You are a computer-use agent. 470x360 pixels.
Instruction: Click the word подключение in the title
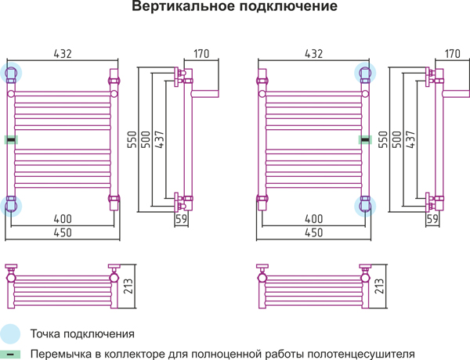[288, 6]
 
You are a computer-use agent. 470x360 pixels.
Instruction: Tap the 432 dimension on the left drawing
[63, 54]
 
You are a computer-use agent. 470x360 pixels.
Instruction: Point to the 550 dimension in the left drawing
[132, 139]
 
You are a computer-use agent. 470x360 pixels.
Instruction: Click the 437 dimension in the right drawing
[410, 139]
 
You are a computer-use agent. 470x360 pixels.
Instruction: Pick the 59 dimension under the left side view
[182, 219]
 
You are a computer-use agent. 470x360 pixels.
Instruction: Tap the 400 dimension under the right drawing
[314, 219]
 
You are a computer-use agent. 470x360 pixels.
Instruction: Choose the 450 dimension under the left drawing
[63, 232]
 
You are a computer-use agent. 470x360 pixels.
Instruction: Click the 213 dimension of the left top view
[128, 286]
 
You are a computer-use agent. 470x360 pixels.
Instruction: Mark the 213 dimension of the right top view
[379, 286]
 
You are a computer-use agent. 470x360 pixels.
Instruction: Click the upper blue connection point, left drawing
[11, 73]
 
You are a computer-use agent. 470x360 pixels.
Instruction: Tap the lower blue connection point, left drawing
[11, 206]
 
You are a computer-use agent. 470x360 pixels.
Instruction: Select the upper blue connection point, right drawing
[365, 73]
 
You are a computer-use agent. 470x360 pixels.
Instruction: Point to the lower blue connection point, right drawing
[365, 206]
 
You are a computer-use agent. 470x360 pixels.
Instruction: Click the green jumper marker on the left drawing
[11, 139]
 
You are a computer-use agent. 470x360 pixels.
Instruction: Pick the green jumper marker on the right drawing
[365, 139]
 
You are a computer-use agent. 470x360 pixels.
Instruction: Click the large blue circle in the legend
[9, 334]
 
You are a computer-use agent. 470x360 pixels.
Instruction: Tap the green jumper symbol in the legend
[10, 355]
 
